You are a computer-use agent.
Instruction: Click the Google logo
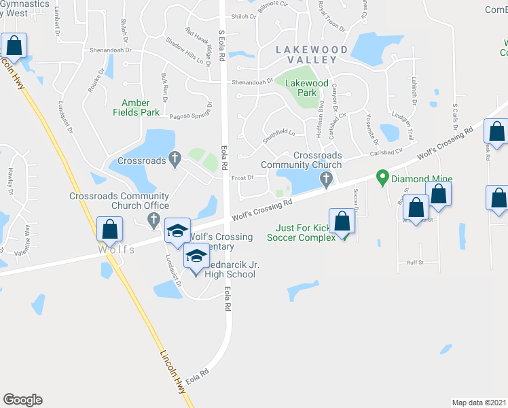click(22, 400)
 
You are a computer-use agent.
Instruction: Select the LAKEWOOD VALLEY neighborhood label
click(312, 55)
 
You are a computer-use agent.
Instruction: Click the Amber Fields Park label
click(136, 107)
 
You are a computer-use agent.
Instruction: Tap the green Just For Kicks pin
click(344, 237)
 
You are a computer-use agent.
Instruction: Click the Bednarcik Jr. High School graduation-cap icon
click(196, 256)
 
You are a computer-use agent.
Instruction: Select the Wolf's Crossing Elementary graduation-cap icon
click(177, 231)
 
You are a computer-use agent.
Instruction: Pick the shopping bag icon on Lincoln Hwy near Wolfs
click(109, 230)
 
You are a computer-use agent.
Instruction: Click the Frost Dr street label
click(242, 177)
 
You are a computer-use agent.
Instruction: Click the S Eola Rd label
click(221, 46)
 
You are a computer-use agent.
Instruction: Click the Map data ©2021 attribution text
click(479, 403)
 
